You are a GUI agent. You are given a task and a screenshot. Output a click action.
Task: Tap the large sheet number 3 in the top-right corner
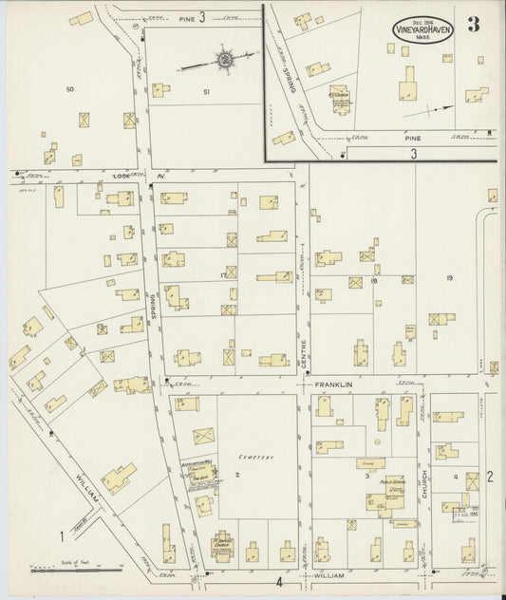pos(472,26)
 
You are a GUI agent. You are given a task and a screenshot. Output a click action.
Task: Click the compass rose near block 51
pos(224,59)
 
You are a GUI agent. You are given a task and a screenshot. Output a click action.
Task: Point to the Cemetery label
pos(256,458)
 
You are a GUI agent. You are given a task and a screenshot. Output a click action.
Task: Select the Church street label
pos(424,482)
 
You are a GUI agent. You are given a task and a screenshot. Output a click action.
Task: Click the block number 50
pos(69,89)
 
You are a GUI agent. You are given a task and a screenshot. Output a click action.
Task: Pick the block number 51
pos(206,91)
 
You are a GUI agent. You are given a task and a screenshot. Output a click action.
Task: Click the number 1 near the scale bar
pos(62,536)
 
